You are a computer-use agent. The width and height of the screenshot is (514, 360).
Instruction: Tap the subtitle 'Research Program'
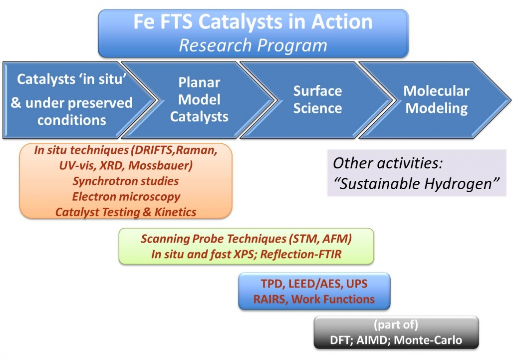253,45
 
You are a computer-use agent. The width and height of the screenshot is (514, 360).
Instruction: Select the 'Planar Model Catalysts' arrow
199,100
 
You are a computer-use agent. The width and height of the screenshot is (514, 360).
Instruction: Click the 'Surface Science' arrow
317,100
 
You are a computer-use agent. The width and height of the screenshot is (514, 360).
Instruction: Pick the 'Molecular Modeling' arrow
436,100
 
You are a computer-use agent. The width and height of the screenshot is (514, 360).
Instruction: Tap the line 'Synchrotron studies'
126,181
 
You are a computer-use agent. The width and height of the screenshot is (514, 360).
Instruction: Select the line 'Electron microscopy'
126,197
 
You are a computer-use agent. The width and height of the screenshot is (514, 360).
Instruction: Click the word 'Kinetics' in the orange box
175,212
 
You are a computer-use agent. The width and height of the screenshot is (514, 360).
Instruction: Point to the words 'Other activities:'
388,163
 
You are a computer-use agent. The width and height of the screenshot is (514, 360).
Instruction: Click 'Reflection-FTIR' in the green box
300,255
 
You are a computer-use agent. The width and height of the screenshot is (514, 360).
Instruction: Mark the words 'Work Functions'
333,300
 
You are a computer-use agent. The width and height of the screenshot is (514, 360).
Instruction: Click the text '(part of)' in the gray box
396,325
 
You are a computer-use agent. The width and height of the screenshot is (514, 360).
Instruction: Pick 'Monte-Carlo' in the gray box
428,340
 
